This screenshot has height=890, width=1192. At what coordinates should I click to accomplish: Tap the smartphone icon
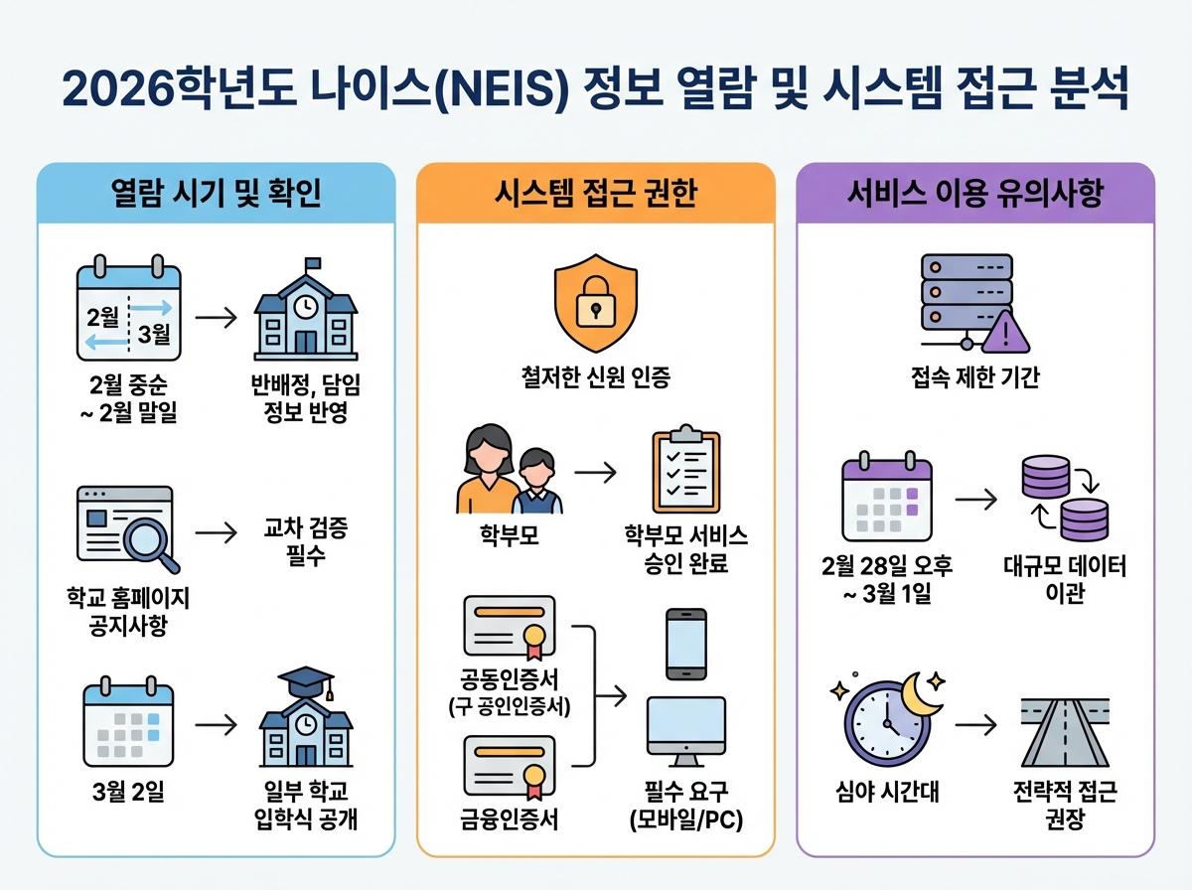tap(685, 644)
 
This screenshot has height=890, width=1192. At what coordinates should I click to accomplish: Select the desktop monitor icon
tap(685, 730)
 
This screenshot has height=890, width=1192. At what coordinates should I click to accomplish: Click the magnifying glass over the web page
tap(151, 541)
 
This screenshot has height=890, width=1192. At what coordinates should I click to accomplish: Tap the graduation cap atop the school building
tap(305, 681)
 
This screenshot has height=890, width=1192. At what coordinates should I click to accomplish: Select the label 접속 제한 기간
tap(974, 378)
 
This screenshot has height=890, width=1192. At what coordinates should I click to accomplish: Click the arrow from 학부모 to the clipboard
tap(595, 471)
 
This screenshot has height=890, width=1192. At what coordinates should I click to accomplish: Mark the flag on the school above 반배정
tap(314, 264)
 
